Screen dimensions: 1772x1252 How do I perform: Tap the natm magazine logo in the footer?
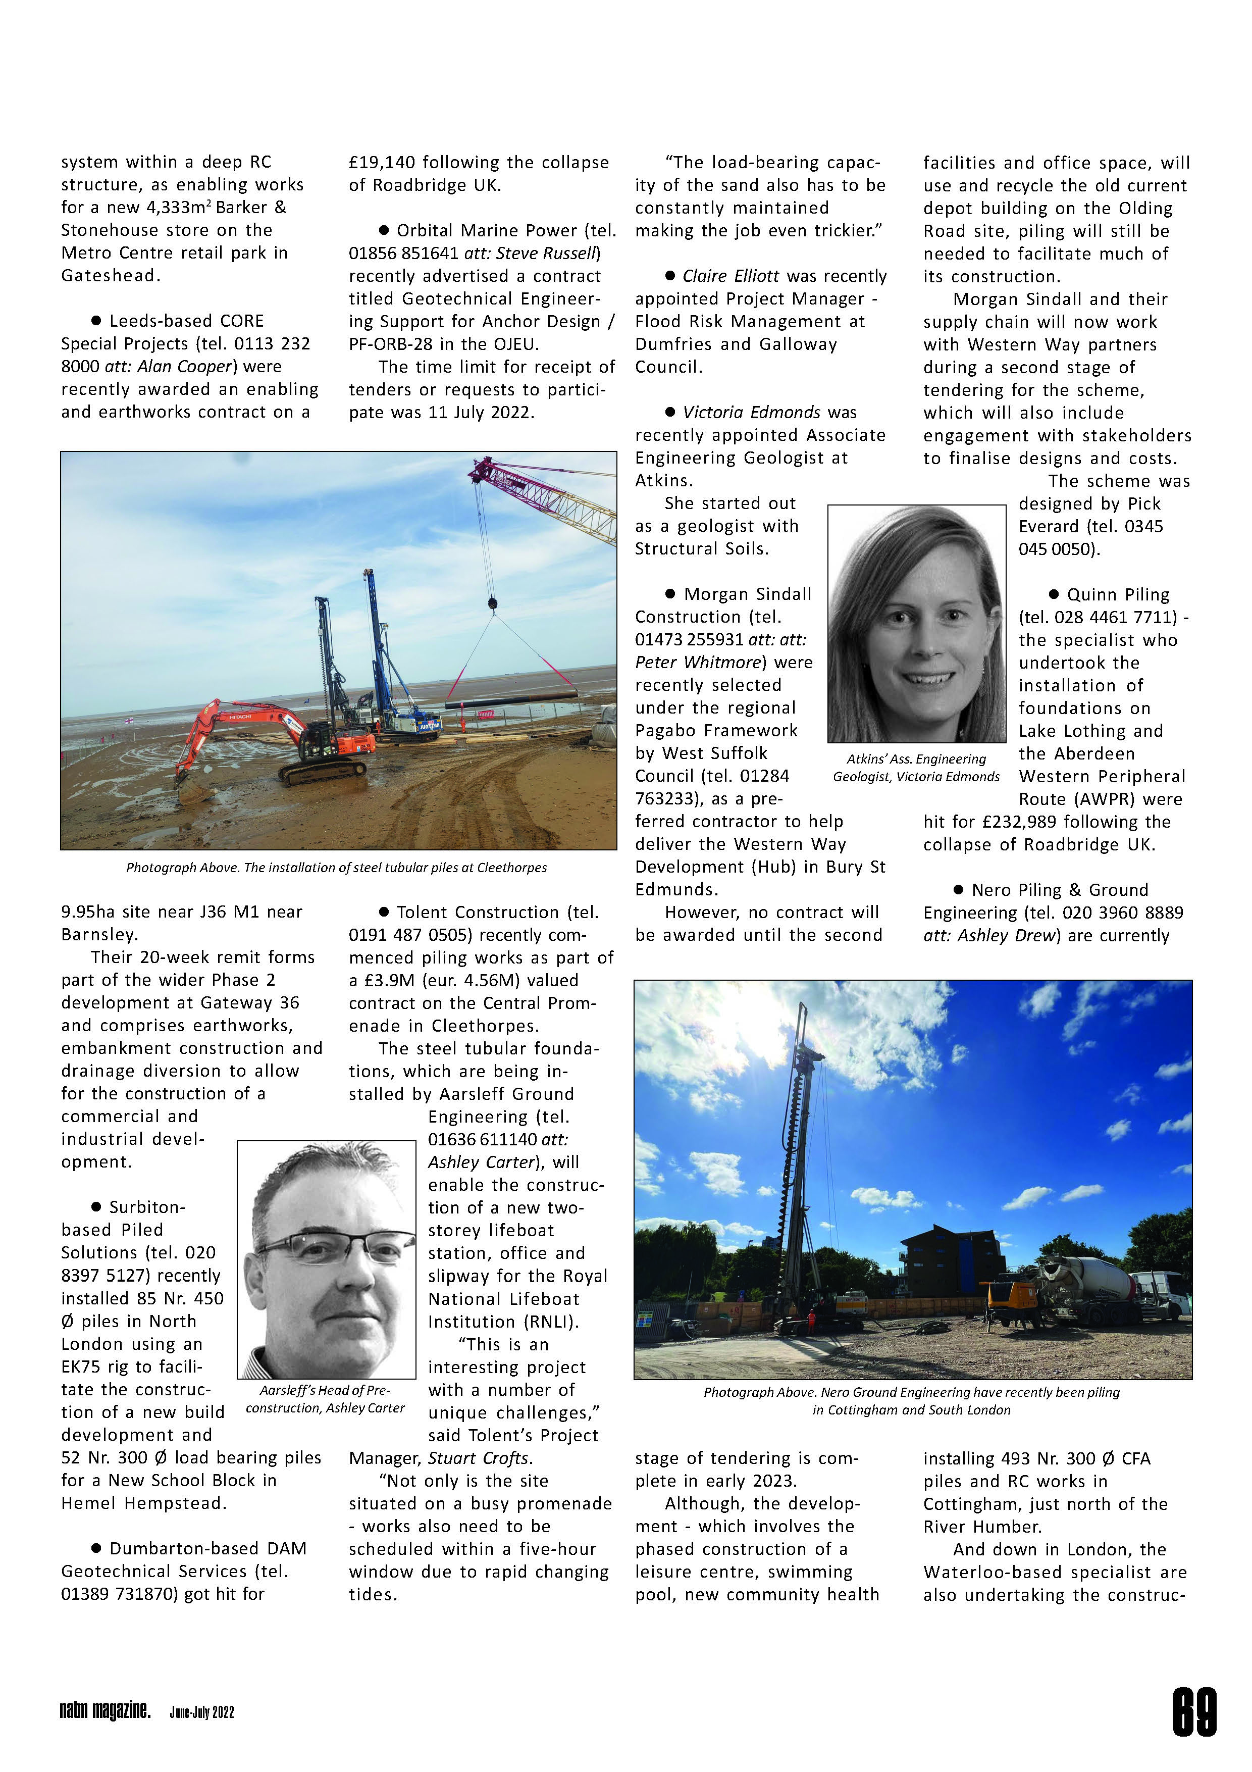(x=105, y=1710)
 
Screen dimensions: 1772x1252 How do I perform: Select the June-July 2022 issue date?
(x=201, y=1712)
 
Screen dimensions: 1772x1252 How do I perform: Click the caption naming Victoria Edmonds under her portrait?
(x=916, y=768)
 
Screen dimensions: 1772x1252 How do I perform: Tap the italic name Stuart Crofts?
(x=480, y=1458)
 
